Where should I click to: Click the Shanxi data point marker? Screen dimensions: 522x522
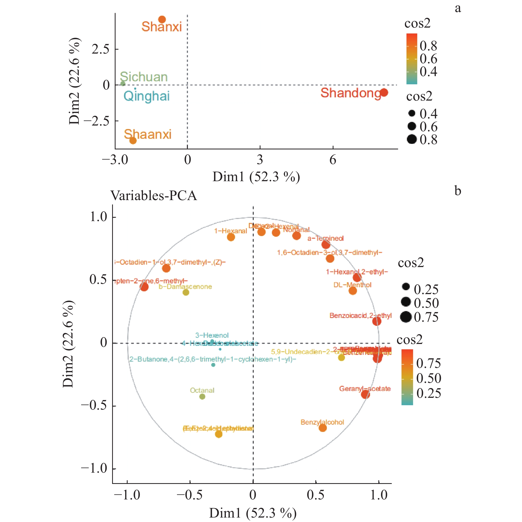pyautogui.click(x=162, y=19)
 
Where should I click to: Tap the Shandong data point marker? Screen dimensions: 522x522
pyautogui.click(x=384, y=93)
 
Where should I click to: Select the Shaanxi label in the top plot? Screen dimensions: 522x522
pyautogui.click(x=148, y=134)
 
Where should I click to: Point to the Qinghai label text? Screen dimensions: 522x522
pyautogui.click(x=147, y=96)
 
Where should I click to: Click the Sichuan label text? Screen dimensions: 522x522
pyautogui.click(x=144, y=77)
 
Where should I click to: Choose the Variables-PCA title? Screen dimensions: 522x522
pyautogui.click(x=153, y=196)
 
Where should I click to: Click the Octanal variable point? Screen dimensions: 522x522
pyautogui.click(x=202, y=397)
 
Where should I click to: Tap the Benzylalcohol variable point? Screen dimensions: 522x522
pyautogui.click(x=323, y=428)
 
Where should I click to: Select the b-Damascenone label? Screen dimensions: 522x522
pyautogui.click(x=185, y=287)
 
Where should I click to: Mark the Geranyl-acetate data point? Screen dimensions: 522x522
pyautogui.click(x=365, y=394)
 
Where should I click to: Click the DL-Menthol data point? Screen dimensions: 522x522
pyautogui.click(x=353, y=291)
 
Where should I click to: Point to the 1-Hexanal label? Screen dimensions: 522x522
pyautogui.click(x=231, y=231)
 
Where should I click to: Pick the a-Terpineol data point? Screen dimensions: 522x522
pyautogui.click(x=326, y=245)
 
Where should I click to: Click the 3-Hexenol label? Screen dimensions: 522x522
pyautogui.click(x=212, y=335)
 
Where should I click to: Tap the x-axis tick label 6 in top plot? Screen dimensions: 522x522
pyautogui.click(x=333, y=160)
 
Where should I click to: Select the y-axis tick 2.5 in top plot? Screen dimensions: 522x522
pyautogui.click(x=101, y=49)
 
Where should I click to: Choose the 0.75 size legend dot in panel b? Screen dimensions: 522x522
pyautogui.click(x=406, y=317)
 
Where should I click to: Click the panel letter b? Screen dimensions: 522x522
pyautogui.click(x=458, y=191)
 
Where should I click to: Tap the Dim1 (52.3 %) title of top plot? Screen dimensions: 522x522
pyautogui.click(x=256, y=177)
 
